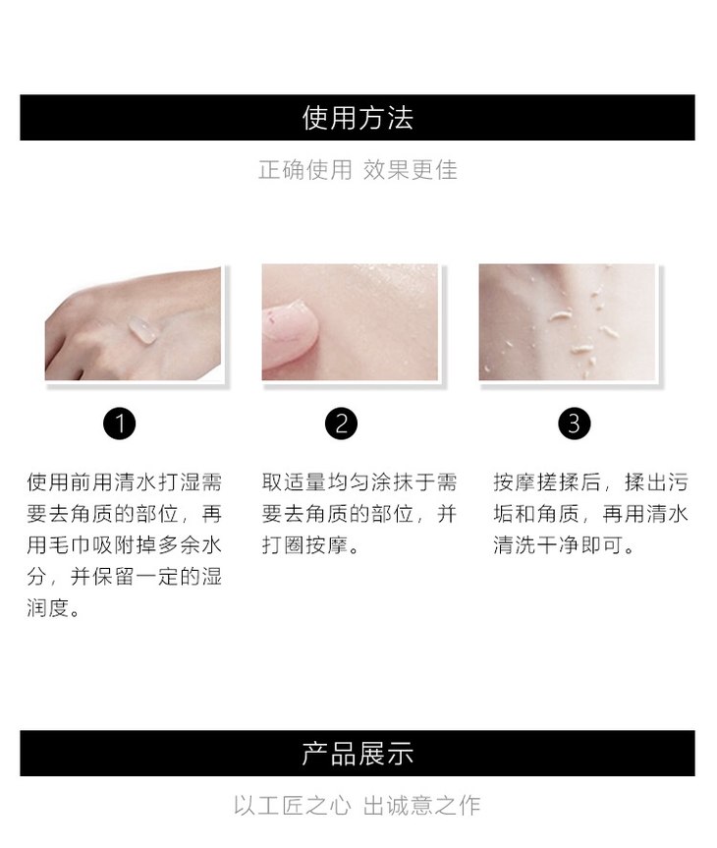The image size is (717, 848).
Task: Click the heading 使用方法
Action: coord(358,118)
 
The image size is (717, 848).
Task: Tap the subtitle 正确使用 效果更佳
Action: coord(358,170)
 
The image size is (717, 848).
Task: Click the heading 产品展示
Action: coord(358,754)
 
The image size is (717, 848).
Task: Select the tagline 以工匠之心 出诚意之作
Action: coord(358,806)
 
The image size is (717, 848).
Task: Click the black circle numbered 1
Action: coord(120,424)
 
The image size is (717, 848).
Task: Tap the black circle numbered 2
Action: coord(341,424)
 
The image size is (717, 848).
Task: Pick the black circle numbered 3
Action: coord(575,424)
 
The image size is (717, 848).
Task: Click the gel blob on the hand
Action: coord(141,331)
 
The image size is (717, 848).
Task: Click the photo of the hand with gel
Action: coord(134,322)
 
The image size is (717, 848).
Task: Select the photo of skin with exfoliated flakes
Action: coord(568,322)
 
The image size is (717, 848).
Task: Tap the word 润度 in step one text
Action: coord(48,608)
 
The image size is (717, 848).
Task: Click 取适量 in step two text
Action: coord(294,482)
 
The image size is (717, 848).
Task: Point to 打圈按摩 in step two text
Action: coord(304,545)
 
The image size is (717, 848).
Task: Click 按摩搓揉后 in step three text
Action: coord(547,482)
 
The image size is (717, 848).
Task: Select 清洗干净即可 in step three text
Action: coord(558,545)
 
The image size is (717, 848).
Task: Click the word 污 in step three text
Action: coord(678,482)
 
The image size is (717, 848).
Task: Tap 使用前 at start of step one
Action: coord(59,482)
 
